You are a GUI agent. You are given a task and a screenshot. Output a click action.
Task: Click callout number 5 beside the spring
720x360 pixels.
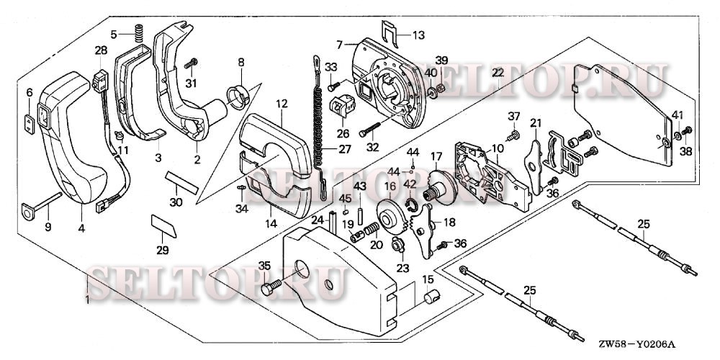pos(114,34)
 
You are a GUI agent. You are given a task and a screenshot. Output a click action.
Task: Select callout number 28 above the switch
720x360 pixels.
pos(101,50)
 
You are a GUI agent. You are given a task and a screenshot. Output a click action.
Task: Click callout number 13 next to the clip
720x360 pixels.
pos(418,34)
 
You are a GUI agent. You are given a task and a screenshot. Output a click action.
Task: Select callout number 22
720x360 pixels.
pos(498,73)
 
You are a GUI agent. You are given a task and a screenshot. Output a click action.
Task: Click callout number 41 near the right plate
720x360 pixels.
pos(678,116)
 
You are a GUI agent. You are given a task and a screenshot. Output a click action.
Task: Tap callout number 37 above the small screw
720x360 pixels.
pos(513,117)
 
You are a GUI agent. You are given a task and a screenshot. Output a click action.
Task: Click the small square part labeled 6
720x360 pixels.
pos(30,123)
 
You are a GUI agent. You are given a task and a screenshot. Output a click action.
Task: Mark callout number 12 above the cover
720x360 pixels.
pos(281,104)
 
